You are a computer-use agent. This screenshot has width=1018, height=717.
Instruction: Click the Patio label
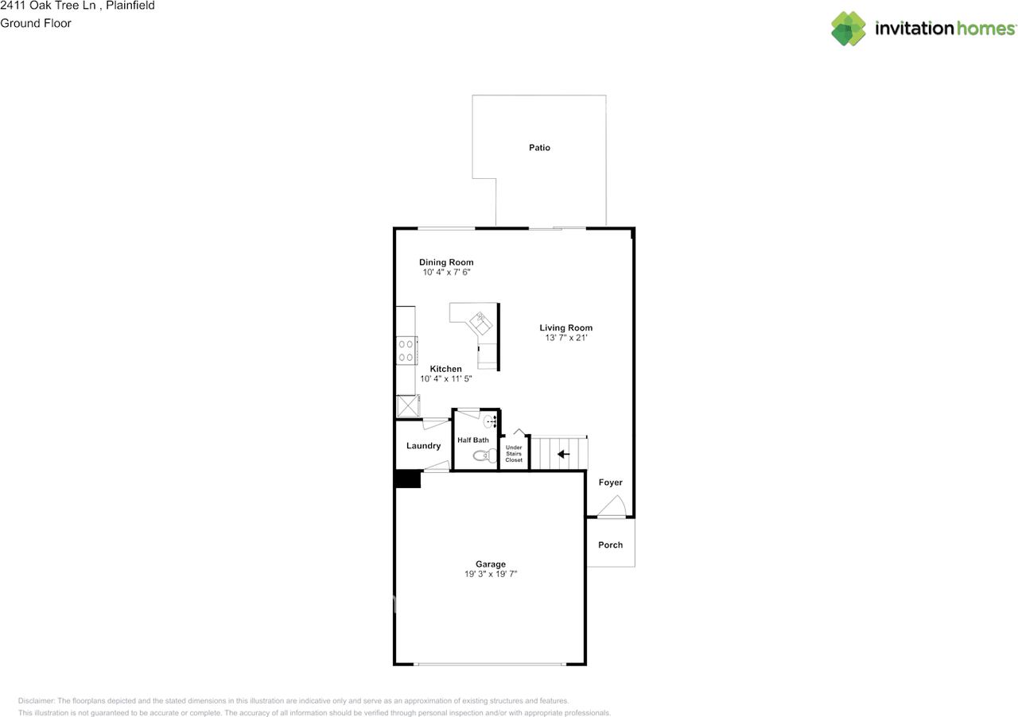pyautogui.click(x=539, y=148)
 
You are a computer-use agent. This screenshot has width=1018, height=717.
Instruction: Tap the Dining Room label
pyautogui.click(x=446, y=262)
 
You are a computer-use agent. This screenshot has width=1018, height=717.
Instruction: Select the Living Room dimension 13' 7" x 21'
pyautogui.click(x=565, y=338)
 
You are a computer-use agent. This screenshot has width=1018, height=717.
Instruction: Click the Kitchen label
pyautogui.click(x=445, y=369)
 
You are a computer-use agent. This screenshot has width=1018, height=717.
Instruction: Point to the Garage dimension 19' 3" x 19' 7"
pyautogui.click(x=491, y=574)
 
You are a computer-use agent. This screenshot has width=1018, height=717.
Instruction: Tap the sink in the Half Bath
pyautogui.click(x=489, y=421)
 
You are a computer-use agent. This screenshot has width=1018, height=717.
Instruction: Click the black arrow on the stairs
pyautogui.click(x=563, y=454)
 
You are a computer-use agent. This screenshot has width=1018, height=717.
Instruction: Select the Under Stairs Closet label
pyautogui.click(x=514, y=454)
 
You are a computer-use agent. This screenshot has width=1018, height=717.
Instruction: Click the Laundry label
pyautogui.click(x=423, y=446)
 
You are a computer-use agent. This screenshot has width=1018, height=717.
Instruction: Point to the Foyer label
pyautogui.click(x=610, y=483)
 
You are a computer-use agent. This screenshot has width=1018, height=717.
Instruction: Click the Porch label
pyautogui.click(x=610, y=545)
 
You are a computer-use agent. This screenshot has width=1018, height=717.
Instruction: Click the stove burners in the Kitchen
pyautogui.click(x=406, y=351)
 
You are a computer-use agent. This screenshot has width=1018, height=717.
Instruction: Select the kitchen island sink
pyautogui.click(x=480, y=321)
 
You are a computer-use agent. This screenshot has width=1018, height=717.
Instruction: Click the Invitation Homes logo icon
pyautogui.click(x=848, y=29)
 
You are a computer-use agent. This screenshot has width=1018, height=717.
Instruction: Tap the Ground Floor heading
pyautogui.click(x=36, y=23)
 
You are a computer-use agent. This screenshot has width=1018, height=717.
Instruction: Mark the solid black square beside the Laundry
pyautogui.click(x=408, y=480)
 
